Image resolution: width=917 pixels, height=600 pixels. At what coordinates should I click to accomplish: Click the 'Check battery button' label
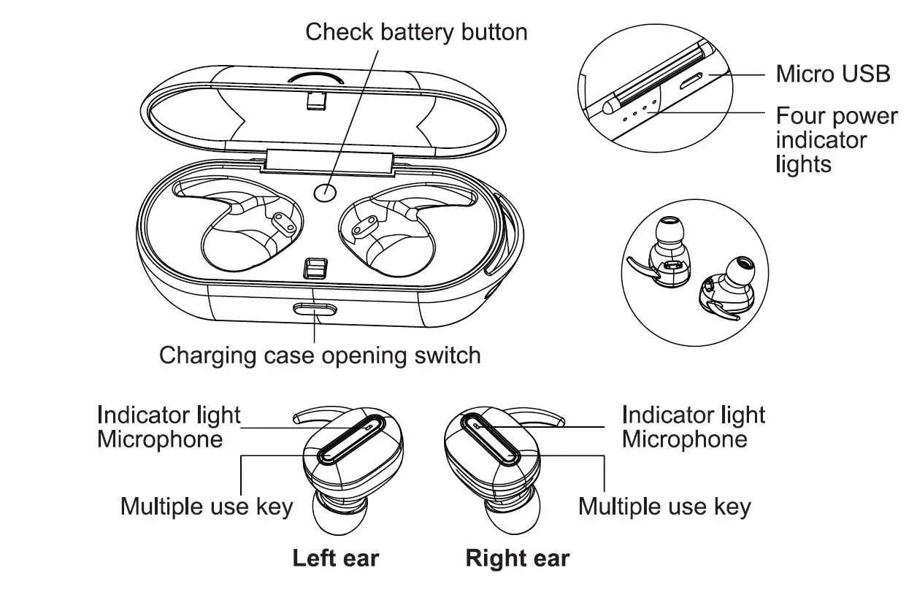(x=416, y=32)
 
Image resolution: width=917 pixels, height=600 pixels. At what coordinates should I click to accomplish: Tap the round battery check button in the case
(x=325, y=192)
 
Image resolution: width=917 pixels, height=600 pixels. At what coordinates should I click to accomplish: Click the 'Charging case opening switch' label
(x=320, y=355)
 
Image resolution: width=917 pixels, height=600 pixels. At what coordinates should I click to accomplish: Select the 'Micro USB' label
(x=832, y=74)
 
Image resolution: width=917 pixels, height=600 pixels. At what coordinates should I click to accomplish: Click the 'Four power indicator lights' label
(x=836, y=139)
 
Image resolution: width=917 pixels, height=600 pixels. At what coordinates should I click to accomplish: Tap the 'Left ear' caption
(x=336, y=558)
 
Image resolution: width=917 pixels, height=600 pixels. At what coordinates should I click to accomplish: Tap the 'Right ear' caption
(x=517, y=558)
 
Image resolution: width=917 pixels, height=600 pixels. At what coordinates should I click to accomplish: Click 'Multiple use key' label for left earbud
(x=207, y=506)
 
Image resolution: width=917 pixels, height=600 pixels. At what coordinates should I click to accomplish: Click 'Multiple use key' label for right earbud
(x=664, y=506)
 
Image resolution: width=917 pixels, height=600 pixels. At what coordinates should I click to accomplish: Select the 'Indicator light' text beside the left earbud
(x=169, y=415)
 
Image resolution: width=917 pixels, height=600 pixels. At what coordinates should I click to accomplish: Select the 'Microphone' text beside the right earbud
(x=684, y=439)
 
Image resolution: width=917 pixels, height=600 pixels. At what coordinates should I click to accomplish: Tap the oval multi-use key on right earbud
(x=491, y=438)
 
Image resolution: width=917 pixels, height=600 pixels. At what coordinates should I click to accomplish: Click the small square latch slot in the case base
(x=315, y=269)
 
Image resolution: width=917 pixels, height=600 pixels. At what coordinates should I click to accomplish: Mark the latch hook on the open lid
(x=316, y=101)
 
